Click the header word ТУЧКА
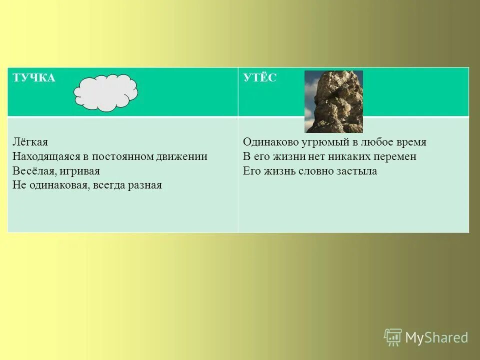pos(34,78)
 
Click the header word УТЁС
pos(259,78)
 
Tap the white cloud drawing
pos(106,92)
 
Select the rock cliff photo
pos(333,101)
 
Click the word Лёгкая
pos(30,142)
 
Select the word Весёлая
pos(32,171)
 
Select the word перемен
pos(395,156)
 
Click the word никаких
pos(350,156)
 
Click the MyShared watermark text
pos(436,337)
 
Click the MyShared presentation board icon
pos(393,337)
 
